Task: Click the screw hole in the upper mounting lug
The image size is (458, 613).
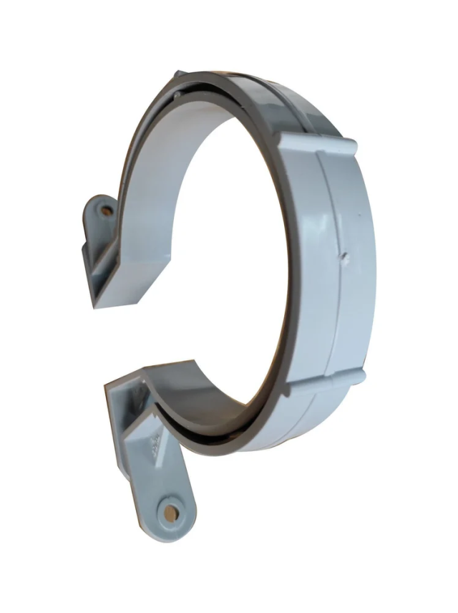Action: coord(107,212)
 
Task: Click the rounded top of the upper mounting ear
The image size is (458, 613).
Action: coord(101,201)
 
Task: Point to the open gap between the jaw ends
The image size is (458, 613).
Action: coord(143,329)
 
